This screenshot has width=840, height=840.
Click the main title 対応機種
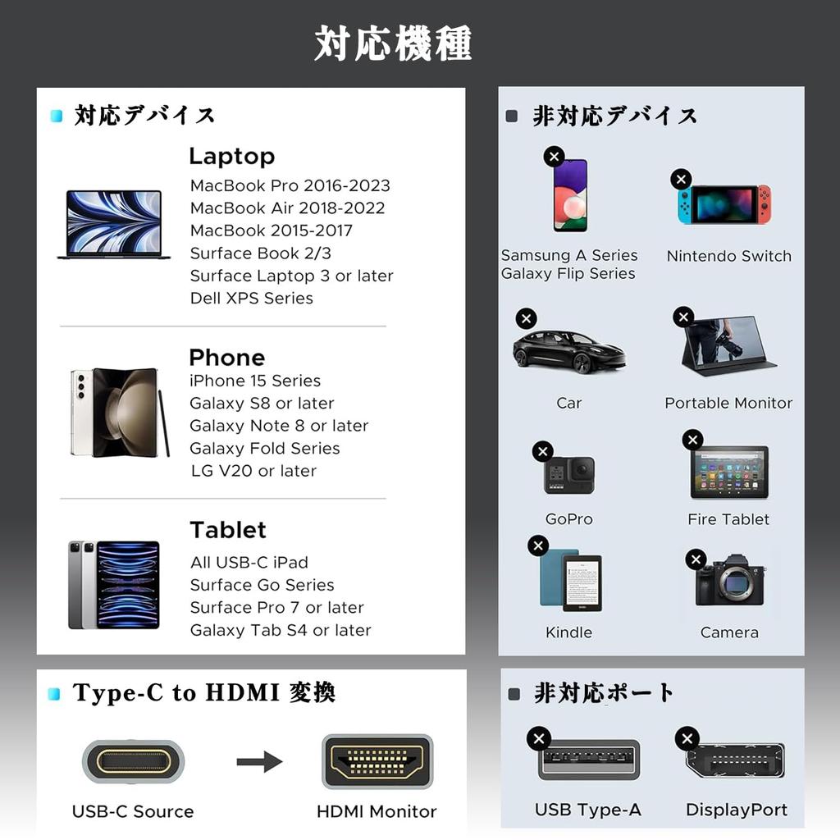[x=393, y=43]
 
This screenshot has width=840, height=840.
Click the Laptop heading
[x=231, y=156]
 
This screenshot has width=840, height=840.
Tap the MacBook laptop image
[x=113, y=224]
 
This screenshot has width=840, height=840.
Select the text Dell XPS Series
[x=251, y=299]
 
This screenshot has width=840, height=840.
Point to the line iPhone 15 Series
[x=254, y=381]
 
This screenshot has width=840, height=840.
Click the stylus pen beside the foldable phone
[x=164, y=422]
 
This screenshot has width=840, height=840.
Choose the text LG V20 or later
[x=253, y=471]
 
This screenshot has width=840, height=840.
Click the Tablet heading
[x=228, y=530]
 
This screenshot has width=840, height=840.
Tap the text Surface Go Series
[x=262, y=585]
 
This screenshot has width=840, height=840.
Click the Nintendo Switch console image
[x=724, y=204]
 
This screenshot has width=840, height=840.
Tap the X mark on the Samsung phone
[x=554, y=156]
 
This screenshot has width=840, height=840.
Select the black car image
[x=568, y=352]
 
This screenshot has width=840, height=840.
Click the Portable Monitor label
[x=728, y=403]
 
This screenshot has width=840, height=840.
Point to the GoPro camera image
[x=569, y=475]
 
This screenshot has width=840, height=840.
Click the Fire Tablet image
[x=728, y=472]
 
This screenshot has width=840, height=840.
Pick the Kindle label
[x=568, y=632]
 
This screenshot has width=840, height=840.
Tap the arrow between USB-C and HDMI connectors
[x=259, y=762]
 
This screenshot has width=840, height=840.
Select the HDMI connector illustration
[x=377, y=761]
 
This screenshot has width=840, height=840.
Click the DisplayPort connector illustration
[x=735, y=760]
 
